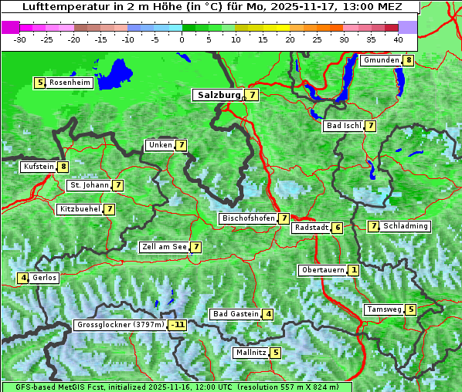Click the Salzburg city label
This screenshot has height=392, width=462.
[x=217, y=95]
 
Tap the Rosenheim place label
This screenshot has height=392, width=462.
[x=70, y=83]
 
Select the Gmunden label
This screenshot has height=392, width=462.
[x=381, y=60]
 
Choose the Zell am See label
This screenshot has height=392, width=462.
[x=164, y=247]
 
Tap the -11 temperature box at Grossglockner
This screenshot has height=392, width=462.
[x=178, y=325]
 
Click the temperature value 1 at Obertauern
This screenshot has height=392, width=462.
[x=353, y=270]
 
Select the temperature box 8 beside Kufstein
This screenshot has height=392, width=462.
[x=63, y=167]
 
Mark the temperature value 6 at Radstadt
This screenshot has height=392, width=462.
[x=338, y=228]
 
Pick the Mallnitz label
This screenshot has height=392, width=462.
[x=250, y=353]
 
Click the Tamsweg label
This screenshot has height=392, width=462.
[x=384, y=309]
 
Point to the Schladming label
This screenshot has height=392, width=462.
[x=406, y=226]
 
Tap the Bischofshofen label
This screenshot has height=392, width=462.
[x=248, y=218]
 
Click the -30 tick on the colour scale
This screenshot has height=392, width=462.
[x=21, y=39]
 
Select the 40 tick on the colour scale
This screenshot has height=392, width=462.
[x=398, y=39]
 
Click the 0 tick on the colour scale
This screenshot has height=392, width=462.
[x=182, y=39]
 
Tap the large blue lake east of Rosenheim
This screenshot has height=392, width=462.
[x=116, y=74]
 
